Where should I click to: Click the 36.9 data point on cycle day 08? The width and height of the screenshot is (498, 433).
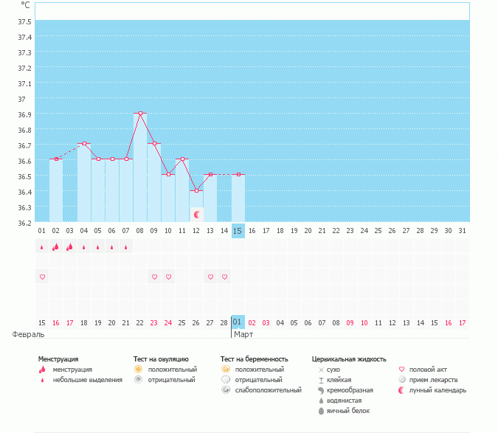[x=140, y=113]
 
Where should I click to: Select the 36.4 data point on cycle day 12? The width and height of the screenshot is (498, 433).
[x=196, y=190]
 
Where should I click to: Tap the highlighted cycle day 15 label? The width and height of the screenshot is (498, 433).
[x=238, y=231]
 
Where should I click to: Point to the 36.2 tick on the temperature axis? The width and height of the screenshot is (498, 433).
[x=24, y=223]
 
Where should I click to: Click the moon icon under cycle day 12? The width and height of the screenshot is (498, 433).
[x=197, y=215]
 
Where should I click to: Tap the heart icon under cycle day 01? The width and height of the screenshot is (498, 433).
[x=42, y=277]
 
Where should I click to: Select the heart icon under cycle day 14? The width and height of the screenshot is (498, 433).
[x=224, y=277]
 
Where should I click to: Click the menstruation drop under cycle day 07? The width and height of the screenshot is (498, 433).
[x=126, y=248]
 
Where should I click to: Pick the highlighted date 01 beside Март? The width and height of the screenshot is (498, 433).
[x=238, y=322]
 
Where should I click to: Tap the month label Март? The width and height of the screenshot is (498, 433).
[x=243, y=334]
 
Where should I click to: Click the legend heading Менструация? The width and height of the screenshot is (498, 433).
[x=58, y=359]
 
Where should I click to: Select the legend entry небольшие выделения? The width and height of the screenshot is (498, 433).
[x=88, y=380]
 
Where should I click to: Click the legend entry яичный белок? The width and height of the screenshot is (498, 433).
[x=348, y=410]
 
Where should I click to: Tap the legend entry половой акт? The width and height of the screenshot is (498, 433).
[x=429, y=370]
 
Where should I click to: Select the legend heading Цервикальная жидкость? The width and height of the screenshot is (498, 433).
[x=349, y=359]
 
